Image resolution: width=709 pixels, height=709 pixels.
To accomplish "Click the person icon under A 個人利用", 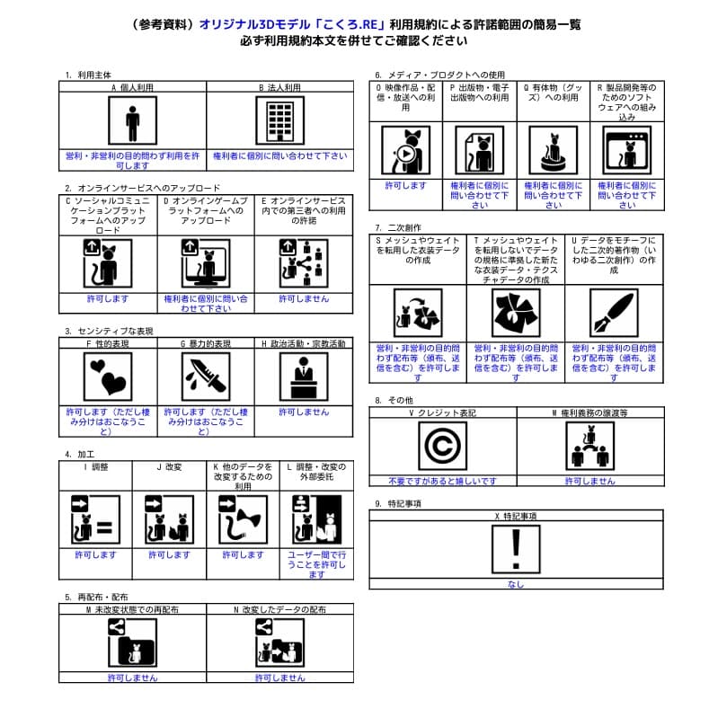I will click(132, 121).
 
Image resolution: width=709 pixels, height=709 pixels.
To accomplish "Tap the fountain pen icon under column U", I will click(614, 313).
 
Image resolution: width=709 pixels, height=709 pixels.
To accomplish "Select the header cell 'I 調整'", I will click(95, 467).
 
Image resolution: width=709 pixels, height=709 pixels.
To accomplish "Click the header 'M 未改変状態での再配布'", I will click(132, 609).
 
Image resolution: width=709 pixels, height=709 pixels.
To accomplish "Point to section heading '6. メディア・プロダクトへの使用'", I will click(439, 75).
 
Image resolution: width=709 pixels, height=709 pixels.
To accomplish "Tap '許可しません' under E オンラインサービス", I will click(304, 298).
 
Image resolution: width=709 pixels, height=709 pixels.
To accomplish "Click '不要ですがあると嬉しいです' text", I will click(442, 481).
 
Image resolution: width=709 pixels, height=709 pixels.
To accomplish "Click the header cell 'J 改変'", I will click(169, 467).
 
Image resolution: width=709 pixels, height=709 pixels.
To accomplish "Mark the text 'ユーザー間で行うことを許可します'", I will click(316, 564).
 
